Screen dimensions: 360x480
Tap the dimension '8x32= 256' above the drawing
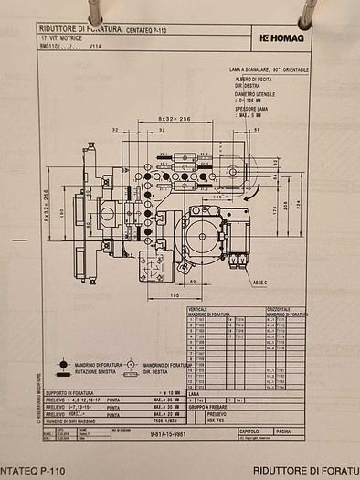[x=173, y=119]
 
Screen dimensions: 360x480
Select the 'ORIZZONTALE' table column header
[x=278, y=309]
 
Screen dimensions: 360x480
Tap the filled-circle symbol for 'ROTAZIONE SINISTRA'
[x=64, y=362]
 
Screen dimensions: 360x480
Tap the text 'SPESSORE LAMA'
[x=257, y=109]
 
